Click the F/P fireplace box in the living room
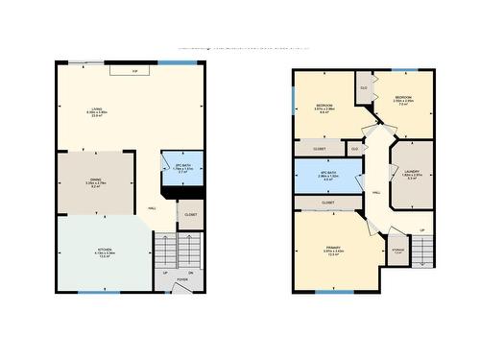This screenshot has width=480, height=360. (x=134, y=71)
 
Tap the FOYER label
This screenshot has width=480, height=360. (x=182, y=280)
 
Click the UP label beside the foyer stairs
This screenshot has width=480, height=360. (x=165, y=273)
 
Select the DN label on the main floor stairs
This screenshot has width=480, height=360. (x=191, y=273)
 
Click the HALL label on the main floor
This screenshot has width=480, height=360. (x=153, y=208)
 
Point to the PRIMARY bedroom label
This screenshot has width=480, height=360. (x=332, y=250)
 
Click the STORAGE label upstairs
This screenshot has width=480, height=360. (x=397, y=251)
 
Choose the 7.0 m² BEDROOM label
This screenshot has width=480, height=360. (x=404, y=99)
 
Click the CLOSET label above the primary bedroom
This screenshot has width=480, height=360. (x=327, y=203)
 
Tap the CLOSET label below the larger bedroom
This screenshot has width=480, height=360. (x=319, y=149)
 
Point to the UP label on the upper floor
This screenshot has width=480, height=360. (x=421, y=230)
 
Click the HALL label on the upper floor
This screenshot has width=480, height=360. (x=375, y=192)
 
